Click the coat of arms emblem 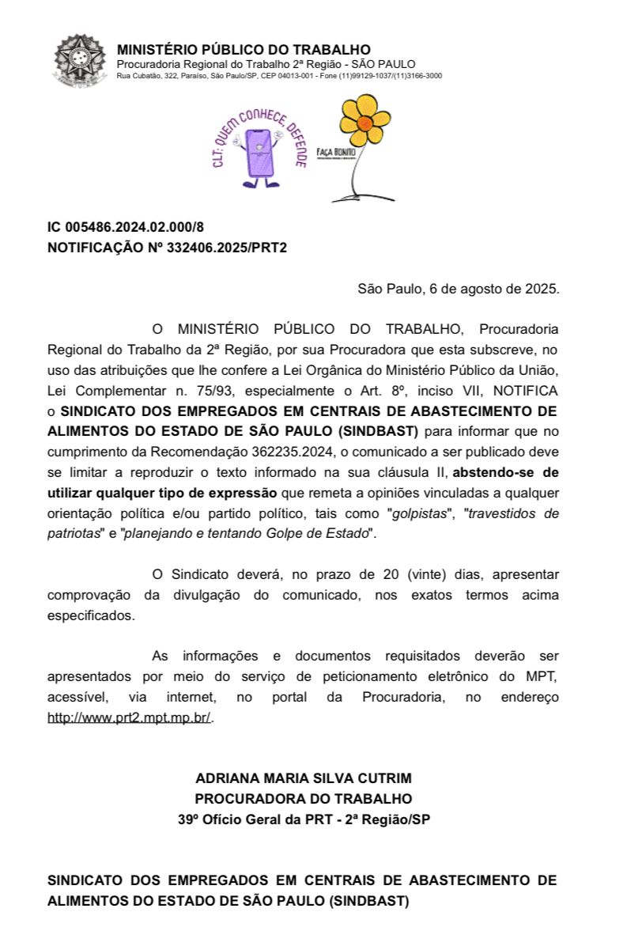[x=79, y=62]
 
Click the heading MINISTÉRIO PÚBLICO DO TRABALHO [x=244, y=50]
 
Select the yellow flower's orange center [x=364, y=123]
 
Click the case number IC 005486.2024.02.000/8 [x=126, y=228]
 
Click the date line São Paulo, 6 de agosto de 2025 [x=459, y=288]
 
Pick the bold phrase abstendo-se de [x=506, y=473]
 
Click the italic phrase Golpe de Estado [x=326, y=534]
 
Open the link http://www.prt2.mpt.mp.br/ [x=130, y=718]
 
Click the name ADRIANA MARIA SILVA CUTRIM [x=304, y=778]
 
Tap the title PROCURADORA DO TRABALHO [x=304, y=799]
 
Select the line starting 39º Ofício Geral [x=304, y=819]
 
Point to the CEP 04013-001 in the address [x=278, y=76]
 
